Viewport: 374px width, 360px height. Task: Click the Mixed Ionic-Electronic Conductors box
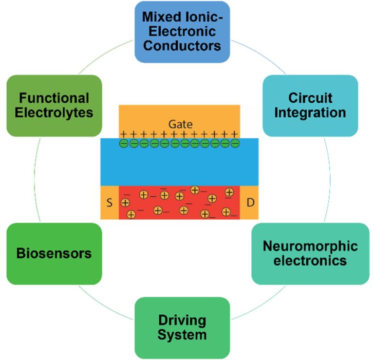pos(182,31)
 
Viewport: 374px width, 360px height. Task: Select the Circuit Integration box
pos(310,105)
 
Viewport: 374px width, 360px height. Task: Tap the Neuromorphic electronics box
pos(310,253)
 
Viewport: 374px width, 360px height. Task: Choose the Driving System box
pos(182,327)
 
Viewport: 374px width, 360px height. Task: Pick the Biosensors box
pos(54,253)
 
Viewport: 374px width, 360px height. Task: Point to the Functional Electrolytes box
pos(54,105)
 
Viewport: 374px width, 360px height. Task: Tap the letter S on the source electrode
pos(109,202)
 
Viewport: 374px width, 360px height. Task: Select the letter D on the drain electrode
pos(250,202)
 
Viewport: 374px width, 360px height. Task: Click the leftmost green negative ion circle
pos(124,144)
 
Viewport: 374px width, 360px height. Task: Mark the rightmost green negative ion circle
pos(235,144)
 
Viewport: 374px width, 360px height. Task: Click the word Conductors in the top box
pos(182,46)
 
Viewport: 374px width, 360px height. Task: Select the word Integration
pos(310,113)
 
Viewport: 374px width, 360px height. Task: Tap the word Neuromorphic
pos(310,246)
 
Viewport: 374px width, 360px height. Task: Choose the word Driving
pos(182,320)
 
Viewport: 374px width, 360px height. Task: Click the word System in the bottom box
pos(182,335)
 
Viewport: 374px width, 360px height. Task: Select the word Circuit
pos(310,97)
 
